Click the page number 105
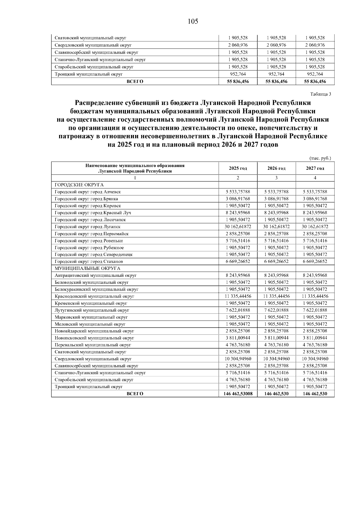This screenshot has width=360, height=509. click(x=193, y=22)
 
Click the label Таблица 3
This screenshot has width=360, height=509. click(x=321, y=94)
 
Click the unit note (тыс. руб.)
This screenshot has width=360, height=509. click(x=320, y=158)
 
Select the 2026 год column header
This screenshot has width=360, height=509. click(x=276, y=168)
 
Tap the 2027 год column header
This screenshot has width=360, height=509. click(x=315, y=168)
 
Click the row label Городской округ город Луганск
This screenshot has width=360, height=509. click(x=88, y=227)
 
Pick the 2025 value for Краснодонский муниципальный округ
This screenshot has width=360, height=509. click(x=238, y=296)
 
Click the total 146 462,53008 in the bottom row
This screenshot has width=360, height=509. click(x=238, y=394)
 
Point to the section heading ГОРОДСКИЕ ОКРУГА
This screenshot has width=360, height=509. click(x=79, y=185)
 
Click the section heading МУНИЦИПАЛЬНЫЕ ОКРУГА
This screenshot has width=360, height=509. click(x=87, y=268)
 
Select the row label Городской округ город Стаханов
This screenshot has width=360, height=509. click(x=88, y=262)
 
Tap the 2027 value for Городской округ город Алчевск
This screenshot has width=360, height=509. click(x=315, y=192)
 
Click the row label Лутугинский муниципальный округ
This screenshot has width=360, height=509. click(x=92, y=310)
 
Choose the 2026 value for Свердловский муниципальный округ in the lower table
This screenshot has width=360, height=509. click(x=276, y=359)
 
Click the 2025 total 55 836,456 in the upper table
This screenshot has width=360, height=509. click(x=238, y=81)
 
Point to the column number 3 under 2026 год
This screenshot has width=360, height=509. click(x=276, y=178)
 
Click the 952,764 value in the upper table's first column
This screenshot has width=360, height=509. click(x=238, y=74)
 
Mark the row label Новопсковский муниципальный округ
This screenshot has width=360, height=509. click(x=94, y=338)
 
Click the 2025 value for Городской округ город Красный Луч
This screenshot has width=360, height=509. click(x=238, y=213)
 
